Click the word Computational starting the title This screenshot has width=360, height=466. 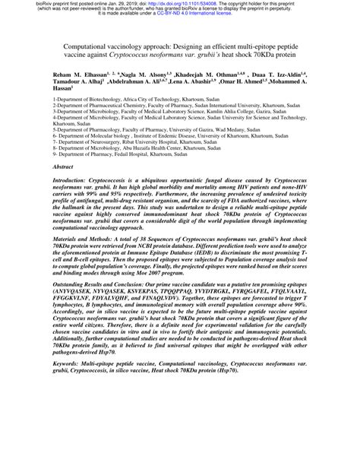(x=83, y=46)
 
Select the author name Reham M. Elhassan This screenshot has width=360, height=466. (x=78, y=78)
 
